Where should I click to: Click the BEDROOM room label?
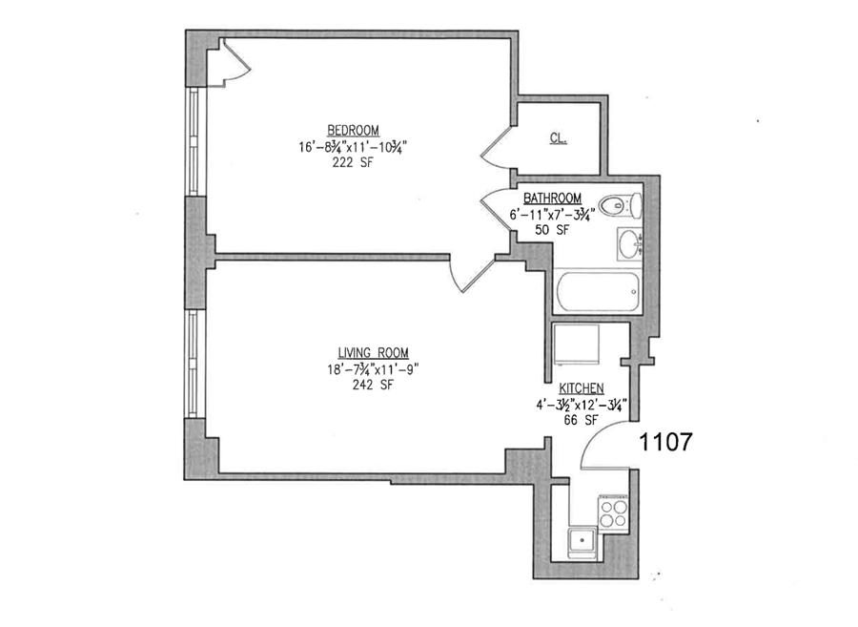354,130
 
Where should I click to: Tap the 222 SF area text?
354,162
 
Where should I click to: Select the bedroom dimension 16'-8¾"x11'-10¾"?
354,146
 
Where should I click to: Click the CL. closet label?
559,137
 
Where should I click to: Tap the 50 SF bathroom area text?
551,230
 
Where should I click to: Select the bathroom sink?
629,245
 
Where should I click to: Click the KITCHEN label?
581,388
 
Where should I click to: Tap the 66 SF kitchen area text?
579,420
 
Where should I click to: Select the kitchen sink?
581,543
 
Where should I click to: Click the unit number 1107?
664,442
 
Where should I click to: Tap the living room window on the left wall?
194,363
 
